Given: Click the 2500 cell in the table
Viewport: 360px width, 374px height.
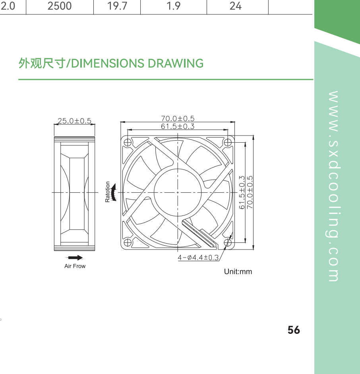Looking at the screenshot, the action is (60, 6).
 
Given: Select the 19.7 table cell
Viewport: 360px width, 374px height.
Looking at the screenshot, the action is (117, 6).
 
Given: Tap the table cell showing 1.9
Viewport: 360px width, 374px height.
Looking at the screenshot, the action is (174, 6).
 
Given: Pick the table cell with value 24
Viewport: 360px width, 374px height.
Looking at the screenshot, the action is (236, 6).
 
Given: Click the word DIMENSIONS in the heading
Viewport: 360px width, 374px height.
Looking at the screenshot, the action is (108, 64).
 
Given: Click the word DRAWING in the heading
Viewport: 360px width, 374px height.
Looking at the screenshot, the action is (176, 64).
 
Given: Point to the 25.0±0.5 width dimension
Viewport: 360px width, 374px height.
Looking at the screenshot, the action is (75, 121).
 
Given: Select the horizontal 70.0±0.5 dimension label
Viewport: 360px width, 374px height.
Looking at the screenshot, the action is (178, 118).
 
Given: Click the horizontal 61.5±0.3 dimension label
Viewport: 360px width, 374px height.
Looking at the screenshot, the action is (178, 126).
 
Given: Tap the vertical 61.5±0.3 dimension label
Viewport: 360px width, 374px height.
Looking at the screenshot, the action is (242, 192).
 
